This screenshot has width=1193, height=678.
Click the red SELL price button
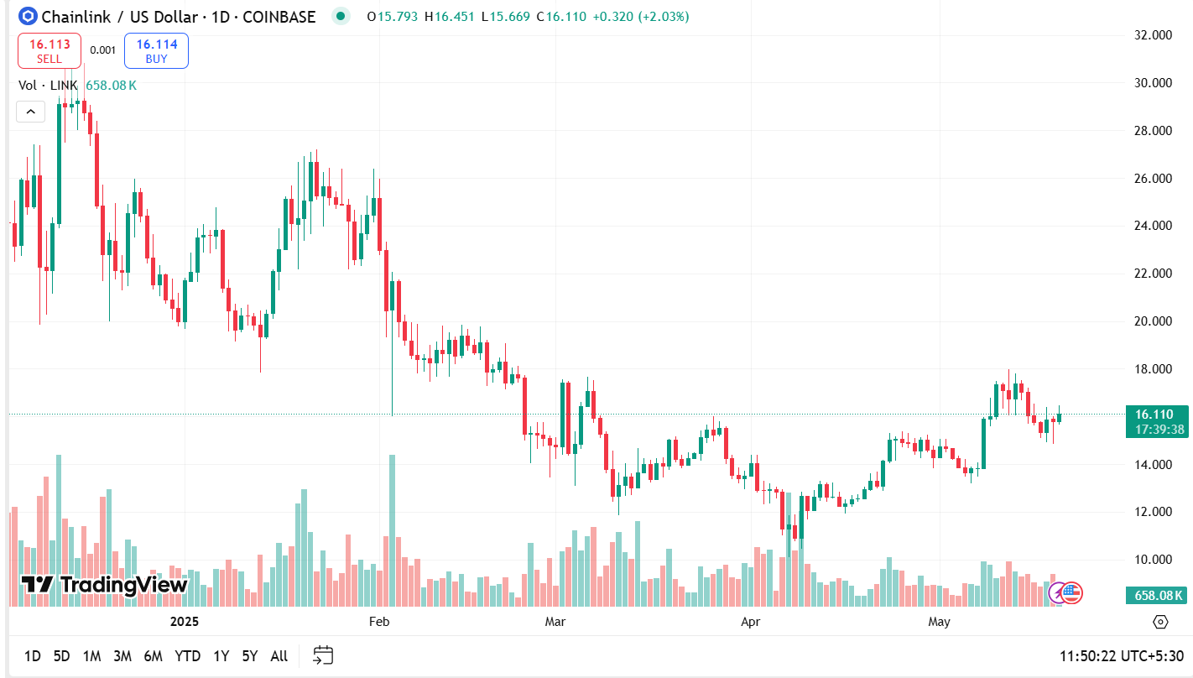click(49, 50)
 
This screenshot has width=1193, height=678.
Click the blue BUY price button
click(156, 50)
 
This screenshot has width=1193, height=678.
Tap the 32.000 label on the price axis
click(1152, 35)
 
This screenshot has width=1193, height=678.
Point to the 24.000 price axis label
click(1152, 226)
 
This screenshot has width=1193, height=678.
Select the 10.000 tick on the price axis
click(1152, 560)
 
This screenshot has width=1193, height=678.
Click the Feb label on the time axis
click(379, 622)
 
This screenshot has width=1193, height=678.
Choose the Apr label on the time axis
click(751, 622)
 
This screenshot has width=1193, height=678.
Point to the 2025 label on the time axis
click(184, 622)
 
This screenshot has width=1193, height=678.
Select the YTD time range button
click(187, 656)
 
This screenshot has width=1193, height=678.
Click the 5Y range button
click(249, 656)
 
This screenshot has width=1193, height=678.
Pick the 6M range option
click(153, 656)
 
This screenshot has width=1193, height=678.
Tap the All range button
click(279, 656)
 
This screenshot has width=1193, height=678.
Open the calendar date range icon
click(323, 655)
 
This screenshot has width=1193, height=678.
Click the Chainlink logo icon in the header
click(28, 16)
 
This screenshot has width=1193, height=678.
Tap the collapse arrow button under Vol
click(30, 111)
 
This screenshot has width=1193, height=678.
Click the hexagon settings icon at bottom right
click(1160, 622)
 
